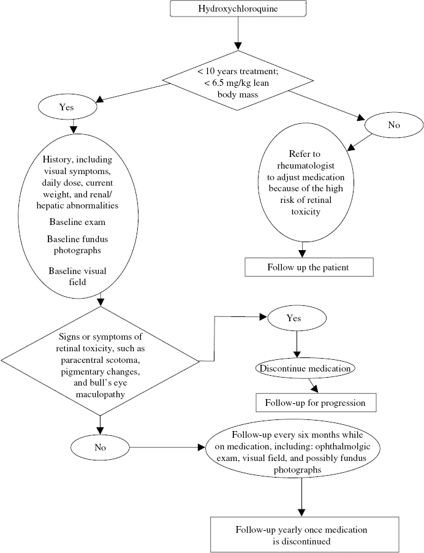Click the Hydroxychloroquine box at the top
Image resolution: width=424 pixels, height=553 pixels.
(x=238, y=10)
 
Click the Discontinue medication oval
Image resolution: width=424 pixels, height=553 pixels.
(x=297, y=368)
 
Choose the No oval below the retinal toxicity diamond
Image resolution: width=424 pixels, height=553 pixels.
(x=100, y=446)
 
